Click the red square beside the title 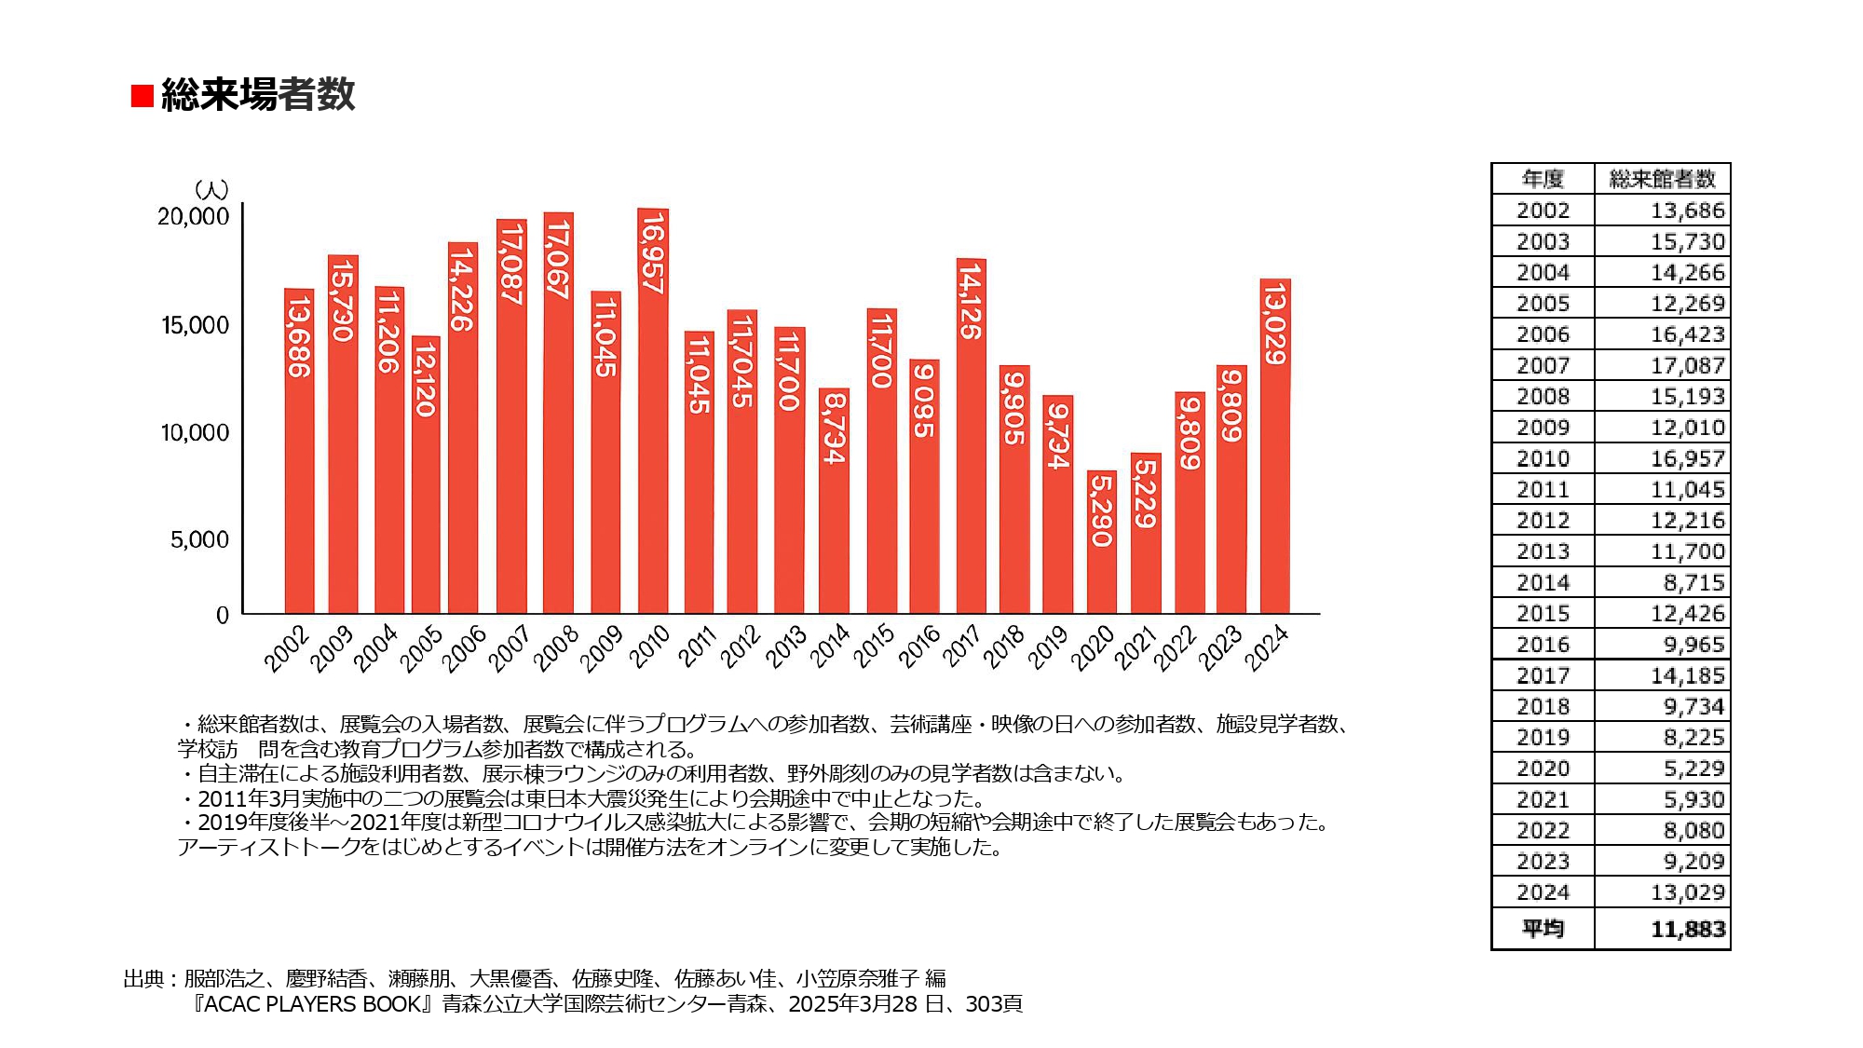tap(142, 96)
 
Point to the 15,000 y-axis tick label tap(195, 325)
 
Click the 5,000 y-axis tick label tap(199, 539)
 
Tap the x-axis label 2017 tap(961, 646)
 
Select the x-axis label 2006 tap(463, 648)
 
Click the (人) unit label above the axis tap(211, 190)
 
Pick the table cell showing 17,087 tap(1687, 365)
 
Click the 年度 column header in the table tap(1543, 179)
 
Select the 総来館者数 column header tap(1662, 179)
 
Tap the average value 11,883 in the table tap(1687, 929)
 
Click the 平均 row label tap(1543, 929)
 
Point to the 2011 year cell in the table tap(1543, 489)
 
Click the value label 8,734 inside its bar tap(834, 429)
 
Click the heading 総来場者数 tap(258, 95)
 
